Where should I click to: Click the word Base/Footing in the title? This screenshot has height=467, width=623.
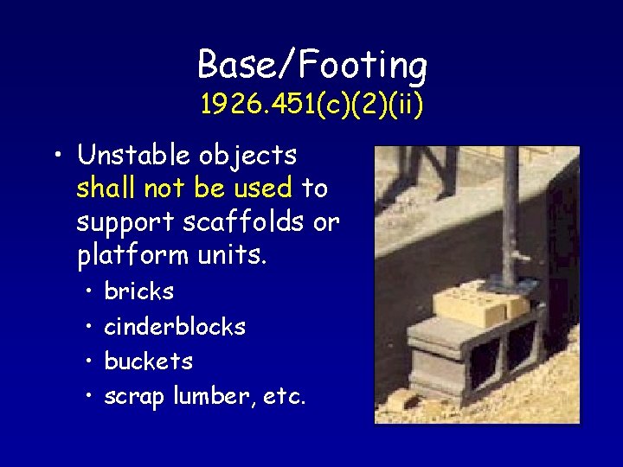tap(311, 65)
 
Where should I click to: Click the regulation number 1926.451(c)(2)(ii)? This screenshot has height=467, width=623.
tap(311, 106)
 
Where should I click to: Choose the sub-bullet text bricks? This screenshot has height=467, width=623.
tap(138, 292)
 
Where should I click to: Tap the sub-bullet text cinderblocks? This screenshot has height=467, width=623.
tap(175, 327)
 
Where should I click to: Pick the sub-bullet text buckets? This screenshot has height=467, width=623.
tap(148, 361)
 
